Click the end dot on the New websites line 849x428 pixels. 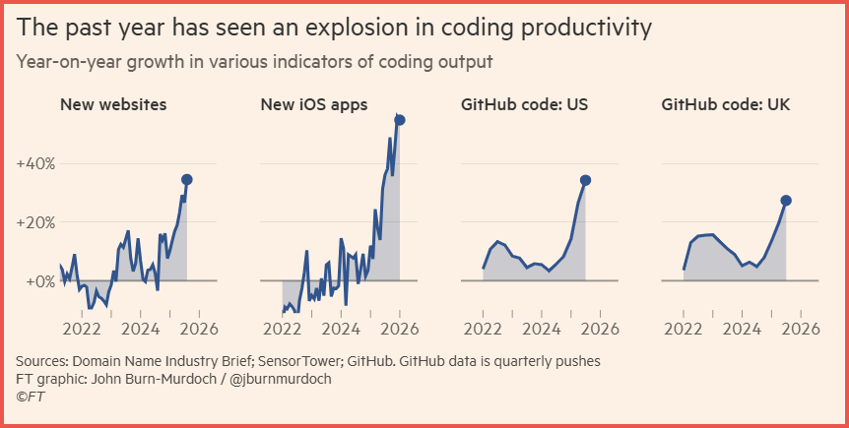(187, 179)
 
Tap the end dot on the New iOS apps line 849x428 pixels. (400, 120)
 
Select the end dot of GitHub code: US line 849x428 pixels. (586, 180)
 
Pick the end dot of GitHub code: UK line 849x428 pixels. (786, 201)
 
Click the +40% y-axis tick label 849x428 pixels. (35, 162)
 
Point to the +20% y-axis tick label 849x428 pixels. (35, 222)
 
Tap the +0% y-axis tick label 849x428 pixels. (39, 281)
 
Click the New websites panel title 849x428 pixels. (113, 104)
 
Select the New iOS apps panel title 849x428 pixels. (313, 104)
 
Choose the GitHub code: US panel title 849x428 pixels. (525, 104)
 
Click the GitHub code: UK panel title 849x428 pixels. (726, 104)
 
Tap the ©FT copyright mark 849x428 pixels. (30, 396)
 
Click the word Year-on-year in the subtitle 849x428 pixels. (65, 62)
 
